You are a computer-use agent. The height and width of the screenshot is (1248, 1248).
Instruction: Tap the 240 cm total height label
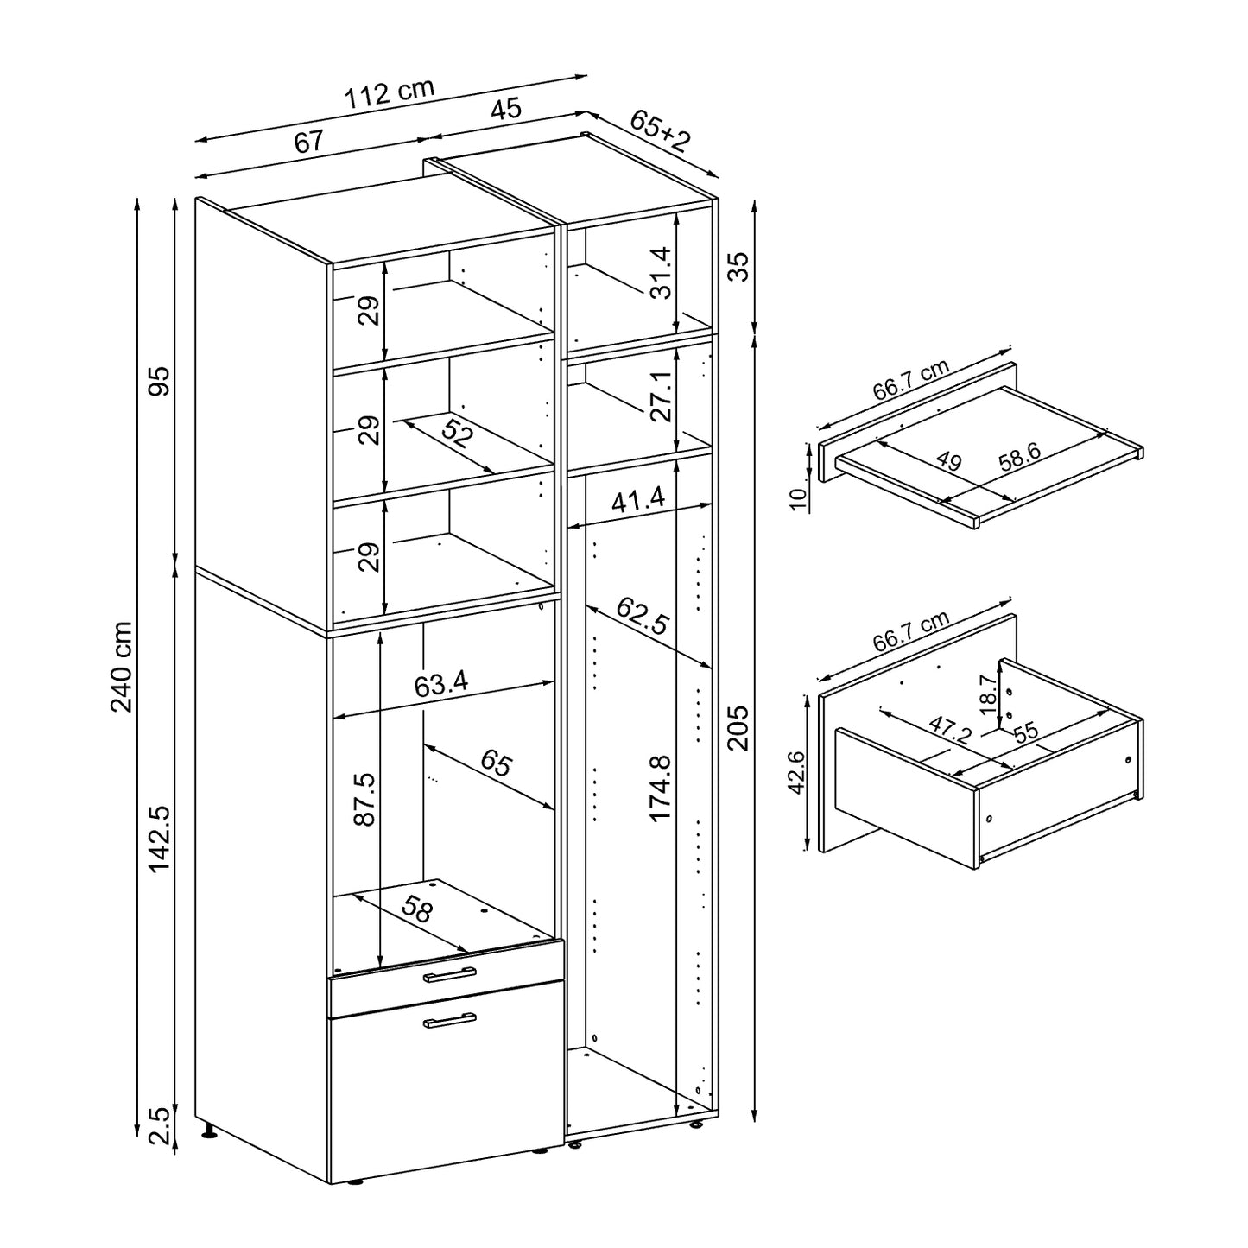122,666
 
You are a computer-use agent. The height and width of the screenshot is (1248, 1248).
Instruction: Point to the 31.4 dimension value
660,272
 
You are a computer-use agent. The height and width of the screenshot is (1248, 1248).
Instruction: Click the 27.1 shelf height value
660,396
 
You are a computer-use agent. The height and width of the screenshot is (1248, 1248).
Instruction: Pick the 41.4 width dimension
640,499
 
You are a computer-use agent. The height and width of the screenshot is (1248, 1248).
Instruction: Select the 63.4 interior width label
440,685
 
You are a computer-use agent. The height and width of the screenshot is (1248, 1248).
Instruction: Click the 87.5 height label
364,799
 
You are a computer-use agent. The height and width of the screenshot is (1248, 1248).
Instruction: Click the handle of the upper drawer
450,975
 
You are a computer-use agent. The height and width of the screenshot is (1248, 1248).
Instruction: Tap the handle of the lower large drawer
450,1021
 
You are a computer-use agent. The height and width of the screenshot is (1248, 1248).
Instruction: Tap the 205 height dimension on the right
738,727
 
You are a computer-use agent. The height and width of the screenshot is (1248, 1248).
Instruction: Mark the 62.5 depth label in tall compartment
643,616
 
